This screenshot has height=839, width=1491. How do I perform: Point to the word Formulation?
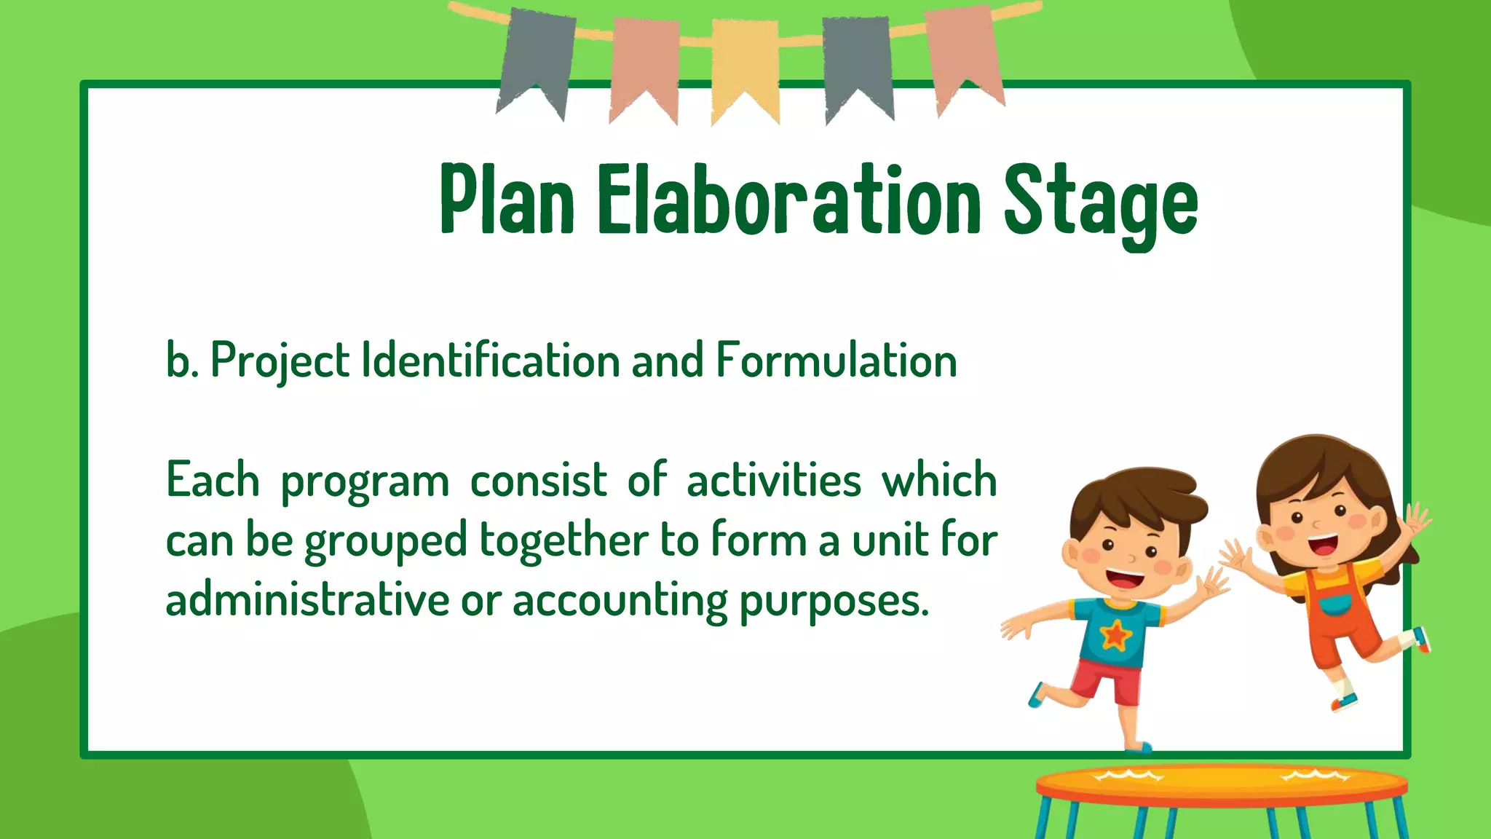coord(836,360)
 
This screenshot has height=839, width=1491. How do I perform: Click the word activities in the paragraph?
coord(773,481)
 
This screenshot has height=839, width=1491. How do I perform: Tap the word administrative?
coord(307,600)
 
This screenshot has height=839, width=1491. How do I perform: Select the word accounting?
coord(620,602)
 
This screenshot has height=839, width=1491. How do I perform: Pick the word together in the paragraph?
coord(563,541)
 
